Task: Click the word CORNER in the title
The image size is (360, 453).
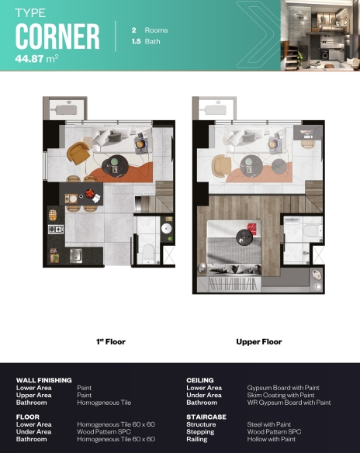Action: coord(57,36)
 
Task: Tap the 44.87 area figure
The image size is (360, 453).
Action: coord(29,59)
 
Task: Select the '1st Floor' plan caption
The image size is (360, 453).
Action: coord(111,342)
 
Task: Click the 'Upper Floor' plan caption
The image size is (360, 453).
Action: coord(259,342)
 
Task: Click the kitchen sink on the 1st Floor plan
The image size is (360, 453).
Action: coord(76,256)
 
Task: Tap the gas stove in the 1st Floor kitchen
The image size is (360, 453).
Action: coord(56,230)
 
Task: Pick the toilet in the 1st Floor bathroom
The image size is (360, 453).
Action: coord(148,254)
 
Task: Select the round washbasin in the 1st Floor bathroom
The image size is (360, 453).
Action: coord(166,229)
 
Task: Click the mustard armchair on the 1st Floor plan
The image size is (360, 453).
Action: coord(78,153)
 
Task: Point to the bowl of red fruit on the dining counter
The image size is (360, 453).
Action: coord(90,192)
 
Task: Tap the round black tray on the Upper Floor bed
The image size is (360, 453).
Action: coord(244,237)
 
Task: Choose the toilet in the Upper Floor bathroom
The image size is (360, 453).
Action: coord(312,231)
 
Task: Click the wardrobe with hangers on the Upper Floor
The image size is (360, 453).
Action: coord(233,284)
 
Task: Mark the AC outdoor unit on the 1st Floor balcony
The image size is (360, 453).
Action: coord(66,109)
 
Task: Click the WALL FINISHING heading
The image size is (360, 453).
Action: coord(44,380)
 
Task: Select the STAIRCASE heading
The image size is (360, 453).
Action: coord(206,417)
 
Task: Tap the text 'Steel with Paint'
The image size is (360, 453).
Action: coord(269,424)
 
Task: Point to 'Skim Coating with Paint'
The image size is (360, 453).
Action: coord(281,395)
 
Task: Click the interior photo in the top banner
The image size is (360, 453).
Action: coord(320,35)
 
